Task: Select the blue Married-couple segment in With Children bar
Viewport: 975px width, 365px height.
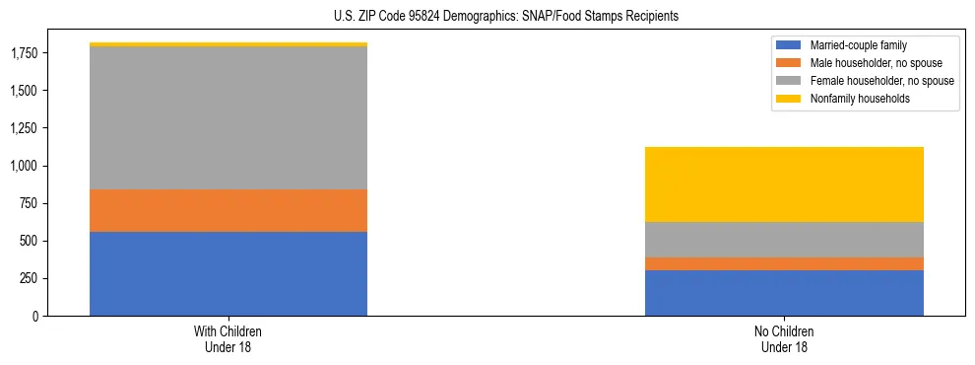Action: tap(228, 273)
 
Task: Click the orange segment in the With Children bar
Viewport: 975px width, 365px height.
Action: tap(228, 210)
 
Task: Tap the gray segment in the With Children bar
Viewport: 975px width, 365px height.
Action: tap(228, 117)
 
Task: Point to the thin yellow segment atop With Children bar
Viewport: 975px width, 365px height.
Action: tap(228, 44)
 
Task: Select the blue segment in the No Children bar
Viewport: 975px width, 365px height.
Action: tap(784, 293)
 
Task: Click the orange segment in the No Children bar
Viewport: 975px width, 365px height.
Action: tap(784, 263)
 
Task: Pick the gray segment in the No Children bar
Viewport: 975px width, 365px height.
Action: tap(784, 240)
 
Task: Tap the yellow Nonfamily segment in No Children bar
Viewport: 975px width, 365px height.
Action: tap(784, 184)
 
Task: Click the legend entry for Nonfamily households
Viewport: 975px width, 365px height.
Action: tap(852, 99)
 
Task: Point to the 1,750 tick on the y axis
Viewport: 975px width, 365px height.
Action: tap(25, 53)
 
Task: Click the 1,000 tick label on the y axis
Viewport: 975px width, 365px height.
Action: tap(25, 166)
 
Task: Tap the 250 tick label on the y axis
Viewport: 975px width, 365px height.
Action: tap(31, 278)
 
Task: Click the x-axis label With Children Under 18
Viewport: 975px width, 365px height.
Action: tap(228, 339)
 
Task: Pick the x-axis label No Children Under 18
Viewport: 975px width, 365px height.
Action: tap(784, 339)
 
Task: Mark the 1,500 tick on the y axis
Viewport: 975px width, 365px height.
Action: tap(25, 91)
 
